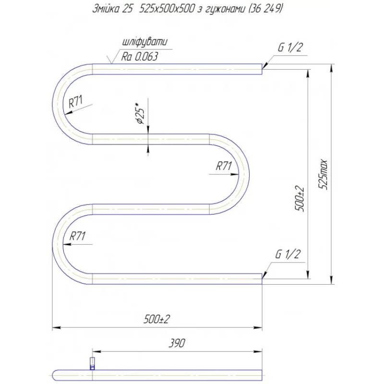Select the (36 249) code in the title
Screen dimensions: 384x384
pos(265,9)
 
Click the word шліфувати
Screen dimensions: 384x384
pos(145,42)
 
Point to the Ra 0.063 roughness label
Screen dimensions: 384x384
pos(140,57)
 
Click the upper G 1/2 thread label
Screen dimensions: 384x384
pos(290,47)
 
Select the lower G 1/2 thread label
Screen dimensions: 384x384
pos(288,254)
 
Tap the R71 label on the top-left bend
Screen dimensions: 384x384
pos(76,101)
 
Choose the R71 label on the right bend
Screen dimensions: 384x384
pos(224,166)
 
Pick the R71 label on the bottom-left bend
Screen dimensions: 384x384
pos(77,236)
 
